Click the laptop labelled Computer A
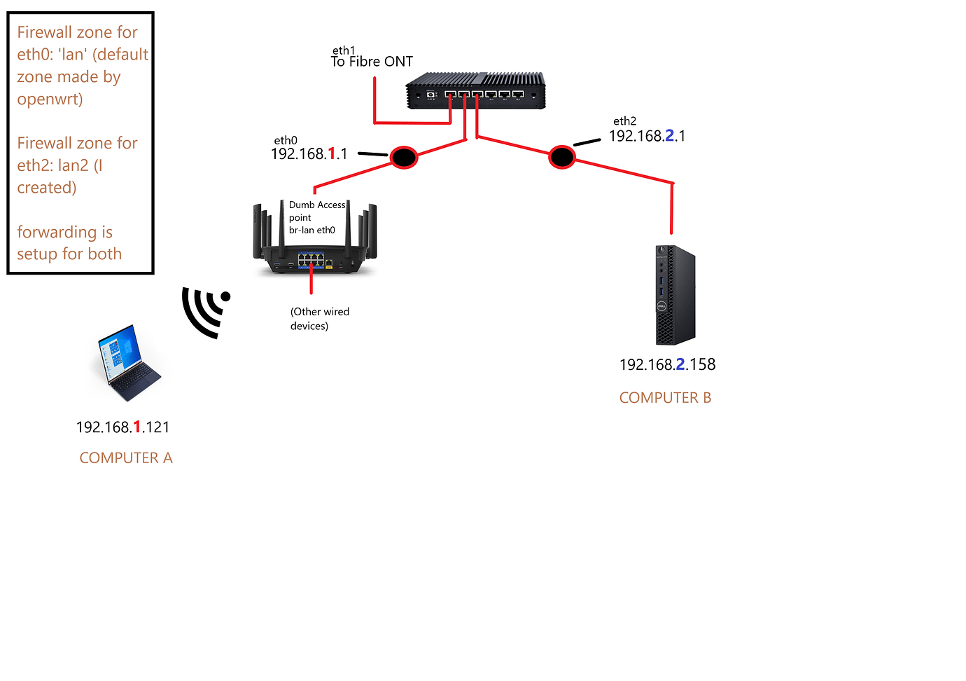click(127, 362)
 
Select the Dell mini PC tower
click(675, 295)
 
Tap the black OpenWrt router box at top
click(475, 91)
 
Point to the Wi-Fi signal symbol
click(204, 311)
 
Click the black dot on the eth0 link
click(403, 157)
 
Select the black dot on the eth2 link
click(561, 157)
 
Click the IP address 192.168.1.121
click(122, 427)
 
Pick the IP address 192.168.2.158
click(667, 364)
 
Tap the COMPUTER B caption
click(665, 398)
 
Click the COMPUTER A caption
click(126, 458)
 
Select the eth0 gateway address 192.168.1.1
click(309, 154)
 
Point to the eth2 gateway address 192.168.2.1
click(647, 136)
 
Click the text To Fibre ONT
click(372, 62)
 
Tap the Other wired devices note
click(319, 319)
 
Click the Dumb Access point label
click(316, 211)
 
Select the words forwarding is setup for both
click(69, 243)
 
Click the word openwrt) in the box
click(50, 99)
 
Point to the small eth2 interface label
click(624, 121)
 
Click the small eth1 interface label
click(343, 50)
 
